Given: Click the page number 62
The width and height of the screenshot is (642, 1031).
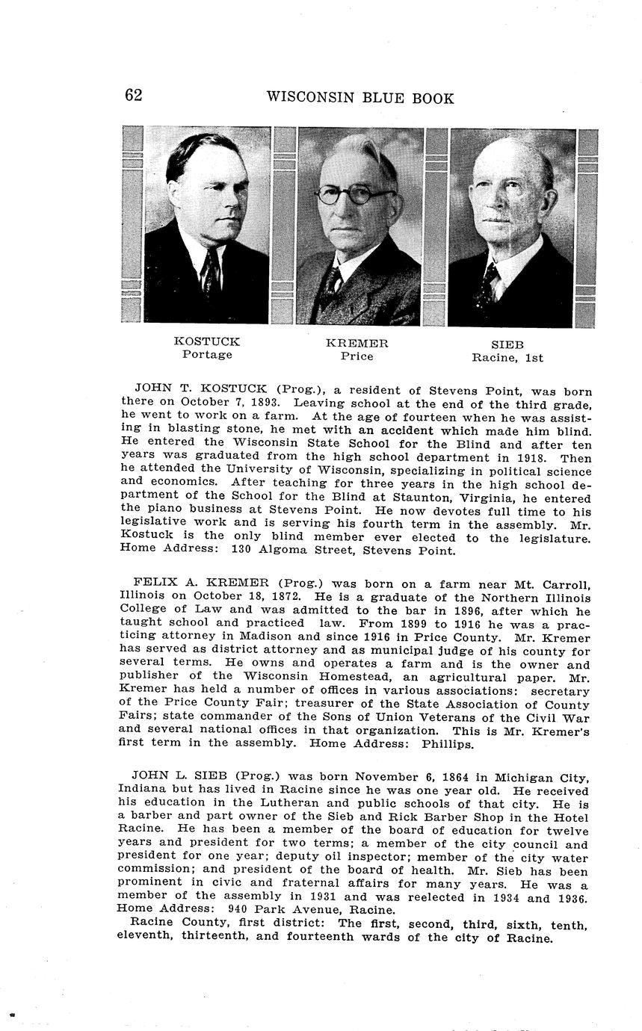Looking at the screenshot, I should [134, 95].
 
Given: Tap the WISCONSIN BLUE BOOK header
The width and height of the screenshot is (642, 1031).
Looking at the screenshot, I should [359, 98].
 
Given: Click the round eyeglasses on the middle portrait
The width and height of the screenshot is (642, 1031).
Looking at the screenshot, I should [354, 196].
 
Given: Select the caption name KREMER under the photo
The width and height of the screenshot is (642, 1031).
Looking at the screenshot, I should [357, 344].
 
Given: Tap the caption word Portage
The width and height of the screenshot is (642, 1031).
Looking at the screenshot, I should [207, 354].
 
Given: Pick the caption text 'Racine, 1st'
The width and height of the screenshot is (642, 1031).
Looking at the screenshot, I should [507, 358].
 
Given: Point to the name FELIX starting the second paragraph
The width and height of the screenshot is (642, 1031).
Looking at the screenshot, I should [155, 583].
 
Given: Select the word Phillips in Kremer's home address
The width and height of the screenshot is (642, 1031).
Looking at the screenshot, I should [448, 744].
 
